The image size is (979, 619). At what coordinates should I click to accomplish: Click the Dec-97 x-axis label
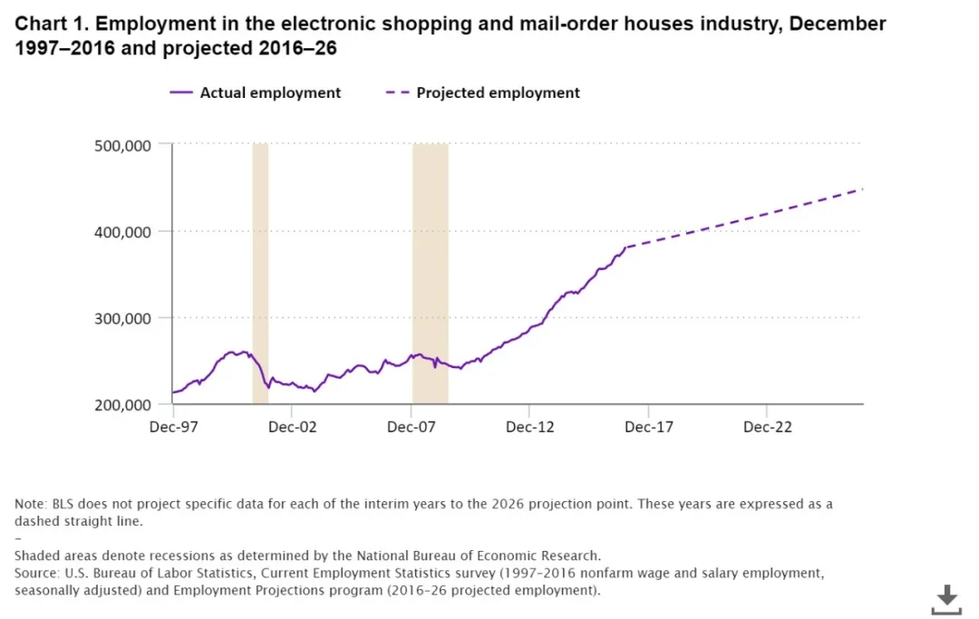coord(173,427)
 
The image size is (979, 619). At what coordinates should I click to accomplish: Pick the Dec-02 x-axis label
coord(292,427)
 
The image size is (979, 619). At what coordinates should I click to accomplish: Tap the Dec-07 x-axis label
coord(411,427)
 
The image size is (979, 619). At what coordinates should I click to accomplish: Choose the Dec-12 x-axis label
coord(529,427)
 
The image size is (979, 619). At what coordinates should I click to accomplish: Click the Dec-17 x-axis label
coord(648,427)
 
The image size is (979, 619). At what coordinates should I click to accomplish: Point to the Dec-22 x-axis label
coord(767,427)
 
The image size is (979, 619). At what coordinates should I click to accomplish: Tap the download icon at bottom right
coord(946,599)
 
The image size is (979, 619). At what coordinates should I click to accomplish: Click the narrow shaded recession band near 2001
coord(260,272)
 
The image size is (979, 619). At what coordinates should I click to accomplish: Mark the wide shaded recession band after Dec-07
coord(430,272)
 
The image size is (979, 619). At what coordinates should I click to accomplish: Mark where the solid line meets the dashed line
coord(625,247)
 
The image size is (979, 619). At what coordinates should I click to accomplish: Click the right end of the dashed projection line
coord(862,189)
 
